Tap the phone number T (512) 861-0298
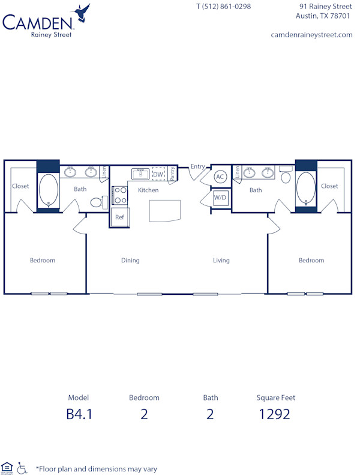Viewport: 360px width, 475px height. [224, 7]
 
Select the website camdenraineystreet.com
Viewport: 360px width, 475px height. [311, 35]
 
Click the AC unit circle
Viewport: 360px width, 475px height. [220, 177]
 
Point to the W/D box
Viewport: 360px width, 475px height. [220, 198]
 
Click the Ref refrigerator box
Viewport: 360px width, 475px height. [119, 217]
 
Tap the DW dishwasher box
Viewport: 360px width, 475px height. [158, 174]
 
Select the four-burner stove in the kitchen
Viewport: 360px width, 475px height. [120, 196]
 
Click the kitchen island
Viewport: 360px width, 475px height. [165, 211]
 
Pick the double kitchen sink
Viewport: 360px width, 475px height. [140, 174]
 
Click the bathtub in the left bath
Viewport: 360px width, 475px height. [48, 190]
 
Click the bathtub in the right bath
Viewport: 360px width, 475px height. [305, 190]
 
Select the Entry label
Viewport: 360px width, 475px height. [198, 167]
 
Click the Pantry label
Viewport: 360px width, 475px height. [172, 174]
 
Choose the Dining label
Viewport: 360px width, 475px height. [130, 261]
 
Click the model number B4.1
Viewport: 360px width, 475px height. [79, 414]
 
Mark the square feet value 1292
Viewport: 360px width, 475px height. [275, 414]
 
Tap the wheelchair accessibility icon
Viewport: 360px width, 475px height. [22, 468]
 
